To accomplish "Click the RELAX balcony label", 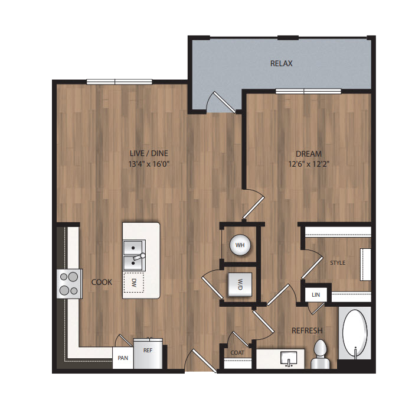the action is [x=281, y=63].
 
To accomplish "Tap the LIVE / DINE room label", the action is [x=149, y=153].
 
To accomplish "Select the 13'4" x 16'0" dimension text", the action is [x=149, y=164].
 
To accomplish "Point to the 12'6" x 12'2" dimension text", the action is [x=309, y=164].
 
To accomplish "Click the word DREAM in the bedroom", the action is [x=309, y=154].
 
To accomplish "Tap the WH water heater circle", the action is [x=240, y=245].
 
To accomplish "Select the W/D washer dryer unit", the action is [x=240, y=285].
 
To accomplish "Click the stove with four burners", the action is [x=70, y=284].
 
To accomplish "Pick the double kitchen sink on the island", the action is [x=134, y=255].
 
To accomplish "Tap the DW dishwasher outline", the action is [x=134, y=283].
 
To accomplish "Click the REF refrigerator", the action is [x=148, y=353].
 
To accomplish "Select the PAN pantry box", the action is [x=123, y=358].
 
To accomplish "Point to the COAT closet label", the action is [x=237, y=352].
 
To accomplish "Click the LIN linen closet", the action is [x=316, y=294].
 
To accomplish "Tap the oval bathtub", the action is [x=355, y=333].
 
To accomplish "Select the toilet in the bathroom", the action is [x=320, y=355].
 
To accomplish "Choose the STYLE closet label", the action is [x=338, y=263].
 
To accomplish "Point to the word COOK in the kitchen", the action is [x=102, y=283].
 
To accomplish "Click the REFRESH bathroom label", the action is [x=307, y=330].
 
